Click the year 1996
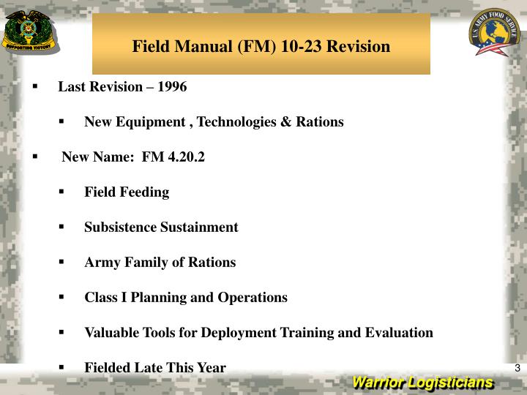tap(173, 87)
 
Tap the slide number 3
tap(517, 368)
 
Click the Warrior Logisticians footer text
tap(422, 383)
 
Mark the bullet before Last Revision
tap(35, 87)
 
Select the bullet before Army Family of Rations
tap(61, 263)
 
